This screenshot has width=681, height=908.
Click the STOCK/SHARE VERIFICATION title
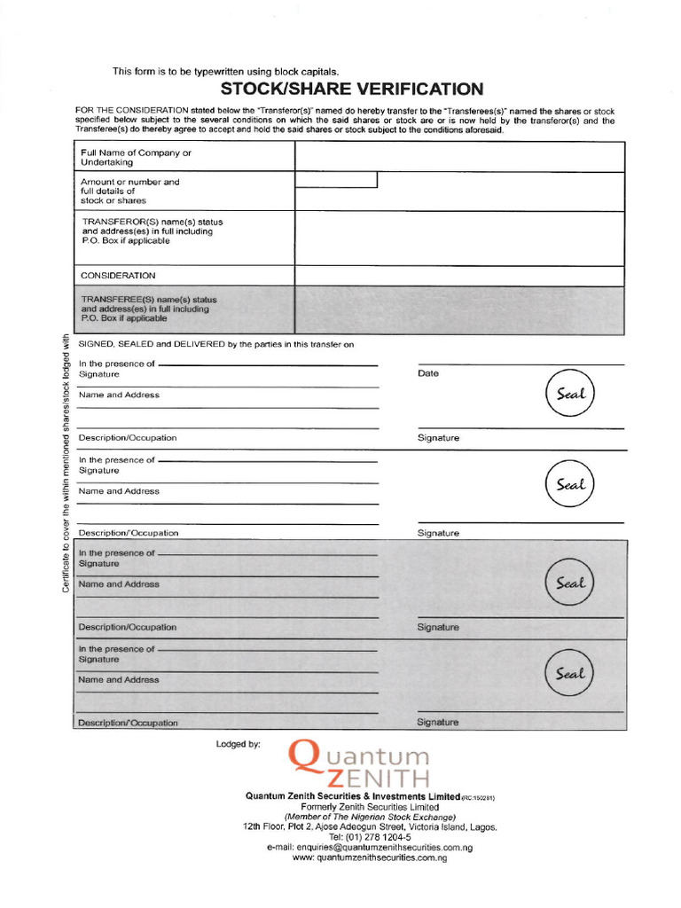(x=351, y=89)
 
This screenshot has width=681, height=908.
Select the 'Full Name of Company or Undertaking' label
(x=136, y=158)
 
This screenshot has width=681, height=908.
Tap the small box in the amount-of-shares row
(x=336, y=180)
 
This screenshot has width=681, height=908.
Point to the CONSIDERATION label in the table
(x=118, y=276)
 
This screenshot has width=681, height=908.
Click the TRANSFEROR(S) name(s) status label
(x=152, y=231)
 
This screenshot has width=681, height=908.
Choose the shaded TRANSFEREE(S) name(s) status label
(x=149, y=309)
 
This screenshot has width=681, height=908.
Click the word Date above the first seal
(x=427, y=373)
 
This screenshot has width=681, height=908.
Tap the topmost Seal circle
(x=570, y=395)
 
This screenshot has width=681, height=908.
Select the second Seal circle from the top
(x=570, y=485)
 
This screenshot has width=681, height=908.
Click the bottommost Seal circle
(x=570, y=674)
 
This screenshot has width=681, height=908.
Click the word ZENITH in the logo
(x=378, y=779)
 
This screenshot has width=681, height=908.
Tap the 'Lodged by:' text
(x=238, y=744)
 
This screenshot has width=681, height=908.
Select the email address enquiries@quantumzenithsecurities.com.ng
(x=370, y=848)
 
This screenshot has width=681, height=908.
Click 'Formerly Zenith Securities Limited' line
(x=370, y=807)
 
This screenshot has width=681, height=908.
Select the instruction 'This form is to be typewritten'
(x=225, y=71)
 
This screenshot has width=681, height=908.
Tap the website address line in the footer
(x=370, y=858)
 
